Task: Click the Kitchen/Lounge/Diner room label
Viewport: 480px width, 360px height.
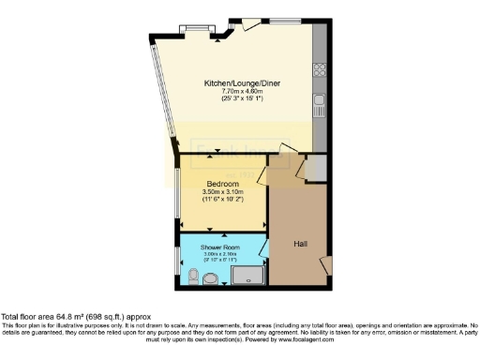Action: pyautogui.click(x=243, y=83)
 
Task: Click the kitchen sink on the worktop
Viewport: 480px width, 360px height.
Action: pyautogui.click(x=320, y=99)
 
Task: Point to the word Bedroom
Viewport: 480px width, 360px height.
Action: pyautogui.click(x=221, y=184)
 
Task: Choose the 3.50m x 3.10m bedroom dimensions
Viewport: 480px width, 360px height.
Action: pyautogui.click(x=221, y=192)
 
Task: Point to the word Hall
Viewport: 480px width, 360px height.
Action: pyautogui.click(x=300, y=244)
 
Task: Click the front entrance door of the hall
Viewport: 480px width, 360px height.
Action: pyautogui.click(x=325, y=268)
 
